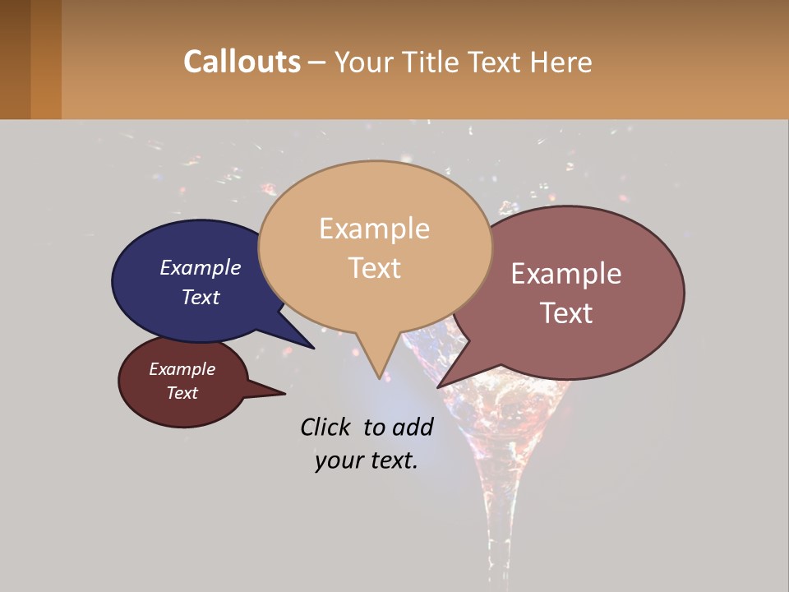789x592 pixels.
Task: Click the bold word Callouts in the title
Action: click(x=242, y=62)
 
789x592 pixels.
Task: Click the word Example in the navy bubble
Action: click(x=201, y=268)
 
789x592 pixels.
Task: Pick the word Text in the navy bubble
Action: click(x=201, y=297)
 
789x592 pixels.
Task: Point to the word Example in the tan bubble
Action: click(x=374, y=229)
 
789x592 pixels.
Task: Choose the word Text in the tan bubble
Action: click(x=375, y=268)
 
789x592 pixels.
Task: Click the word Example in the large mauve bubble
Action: click(x=566, y=274)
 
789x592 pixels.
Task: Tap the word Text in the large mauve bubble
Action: click(x=567, y=313)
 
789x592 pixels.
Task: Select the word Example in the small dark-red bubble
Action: click(x=182, y=369)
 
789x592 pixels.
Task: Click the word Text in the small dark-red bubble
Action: click(x=182, y=393)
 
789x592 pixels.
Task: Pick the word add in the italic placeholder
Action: click(x=412, y=427)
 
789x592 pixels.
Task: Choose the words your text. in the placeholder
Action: click(x=367, y=460)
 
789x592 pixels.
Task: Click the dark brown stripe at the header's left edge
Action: click(x=15, y=59)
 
